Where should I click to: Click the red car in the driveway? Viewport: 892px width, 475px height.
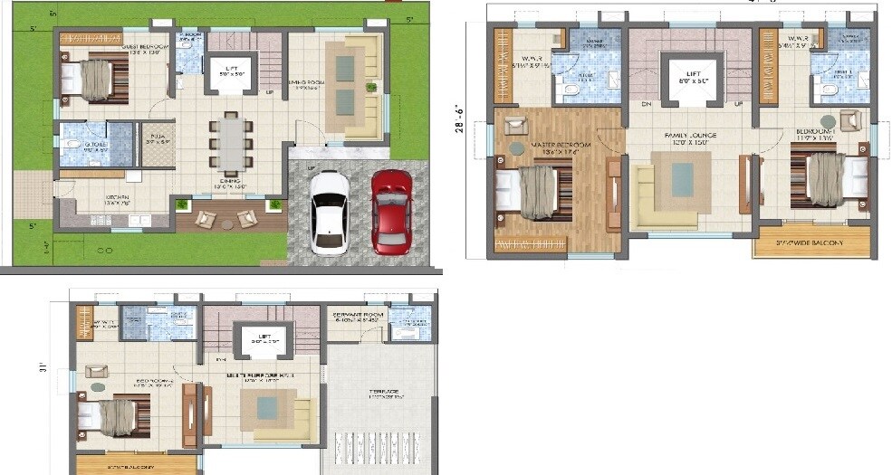[391, 211]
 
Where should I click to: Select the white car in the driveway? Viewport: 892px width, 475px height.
[329, 212]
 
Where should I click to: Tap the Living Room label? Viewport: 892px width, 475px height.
[305, 83]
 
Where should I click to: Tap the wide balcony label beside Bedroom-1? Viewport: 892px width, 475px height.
[811, 242]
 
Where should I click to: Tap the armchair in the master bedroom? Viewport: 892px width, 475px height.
[516, 126]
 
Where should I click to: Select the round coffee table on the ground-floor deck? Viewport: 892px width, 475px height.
[226, 216]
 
